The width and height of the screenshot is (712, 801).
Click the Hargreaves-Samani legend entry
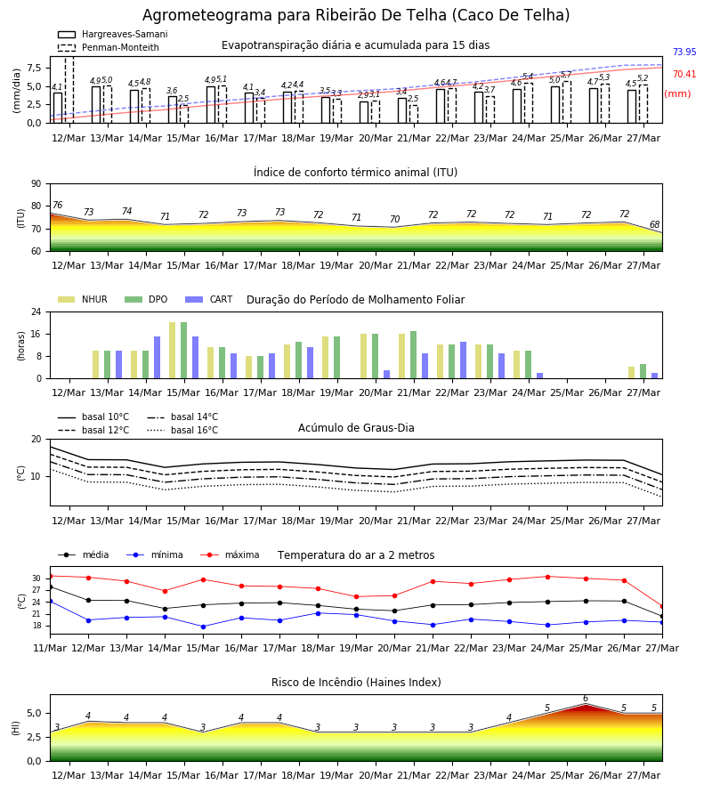coord(113,34)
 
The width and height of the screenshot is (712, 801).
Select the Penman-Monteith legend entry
coord(109,47)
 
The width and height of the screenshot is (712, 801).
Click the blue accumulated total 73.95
coord(684,52)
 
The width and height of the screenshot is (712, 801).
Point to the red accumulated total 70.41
coord(684,74)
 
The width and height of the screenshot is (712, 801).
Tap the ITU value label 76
coord(57,205)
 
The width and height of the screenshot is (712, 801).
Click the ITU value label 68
coord(654,224)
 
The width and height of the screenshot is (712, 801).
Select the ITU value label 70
coord(394,219)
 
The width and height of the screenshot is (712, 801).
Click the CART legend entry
coord(209,299)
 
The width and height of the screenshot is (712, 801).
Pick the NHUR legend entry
coord(83,299)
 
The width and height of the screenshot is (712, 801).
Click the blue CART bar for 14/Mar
coord(157,358)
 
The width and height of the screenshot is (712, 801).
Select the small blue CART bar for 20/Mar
coord(386,375)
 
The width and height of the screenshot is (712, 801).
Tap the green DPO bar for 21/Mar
coord(413,355)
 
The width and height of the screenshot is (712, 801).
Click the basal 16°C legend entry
coord(182,430)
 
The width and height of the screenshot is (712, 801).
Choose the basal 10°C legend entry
coord(93,417)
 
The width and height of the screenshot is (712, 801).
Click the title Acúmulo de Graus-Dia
coord(356,427)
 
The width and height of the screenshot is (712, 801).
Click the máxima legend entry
coord(230,554)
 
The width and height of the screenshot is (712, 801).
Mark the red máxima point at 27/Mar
coord(662,607)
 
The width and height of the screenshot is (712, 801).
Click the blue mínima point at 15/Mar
coord(203,627)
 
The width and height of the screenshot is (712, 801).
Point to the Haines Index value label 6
coord(586,699)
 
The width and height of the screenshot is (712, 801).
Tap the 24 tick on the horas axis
coord(36,311)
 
